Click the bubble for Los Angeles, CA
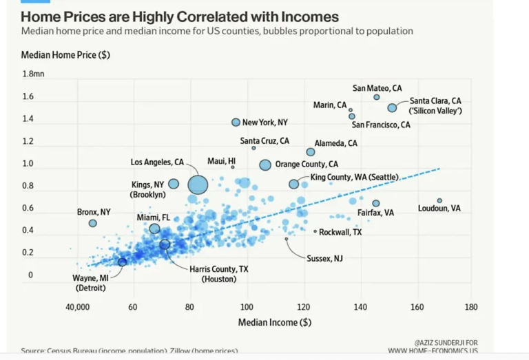coord(198,184)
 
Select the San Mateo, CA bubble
coord(377,97)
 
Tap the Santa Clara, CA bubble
coord(392,107)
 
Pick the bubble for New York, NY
coord(236,123)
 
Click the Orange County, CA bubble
coord(265,165)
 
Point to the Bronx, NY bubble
coord(93,223)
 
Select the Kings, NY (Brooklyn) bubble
coord(174,184)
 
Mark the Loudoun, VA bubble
coord(439,200)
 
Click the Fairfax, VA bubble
coord(376,203)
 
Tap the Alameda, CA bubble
coord(311,151)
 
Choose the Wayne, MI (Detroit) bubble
coord(122,262)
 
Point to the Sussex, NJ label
coord(324,259)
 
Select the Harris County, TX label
coord(218,268)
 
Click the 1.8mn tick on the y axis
coord(33,74)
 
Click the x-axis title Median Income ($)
coord(275,322)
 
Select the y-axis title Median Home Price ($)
coord(65,54)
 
